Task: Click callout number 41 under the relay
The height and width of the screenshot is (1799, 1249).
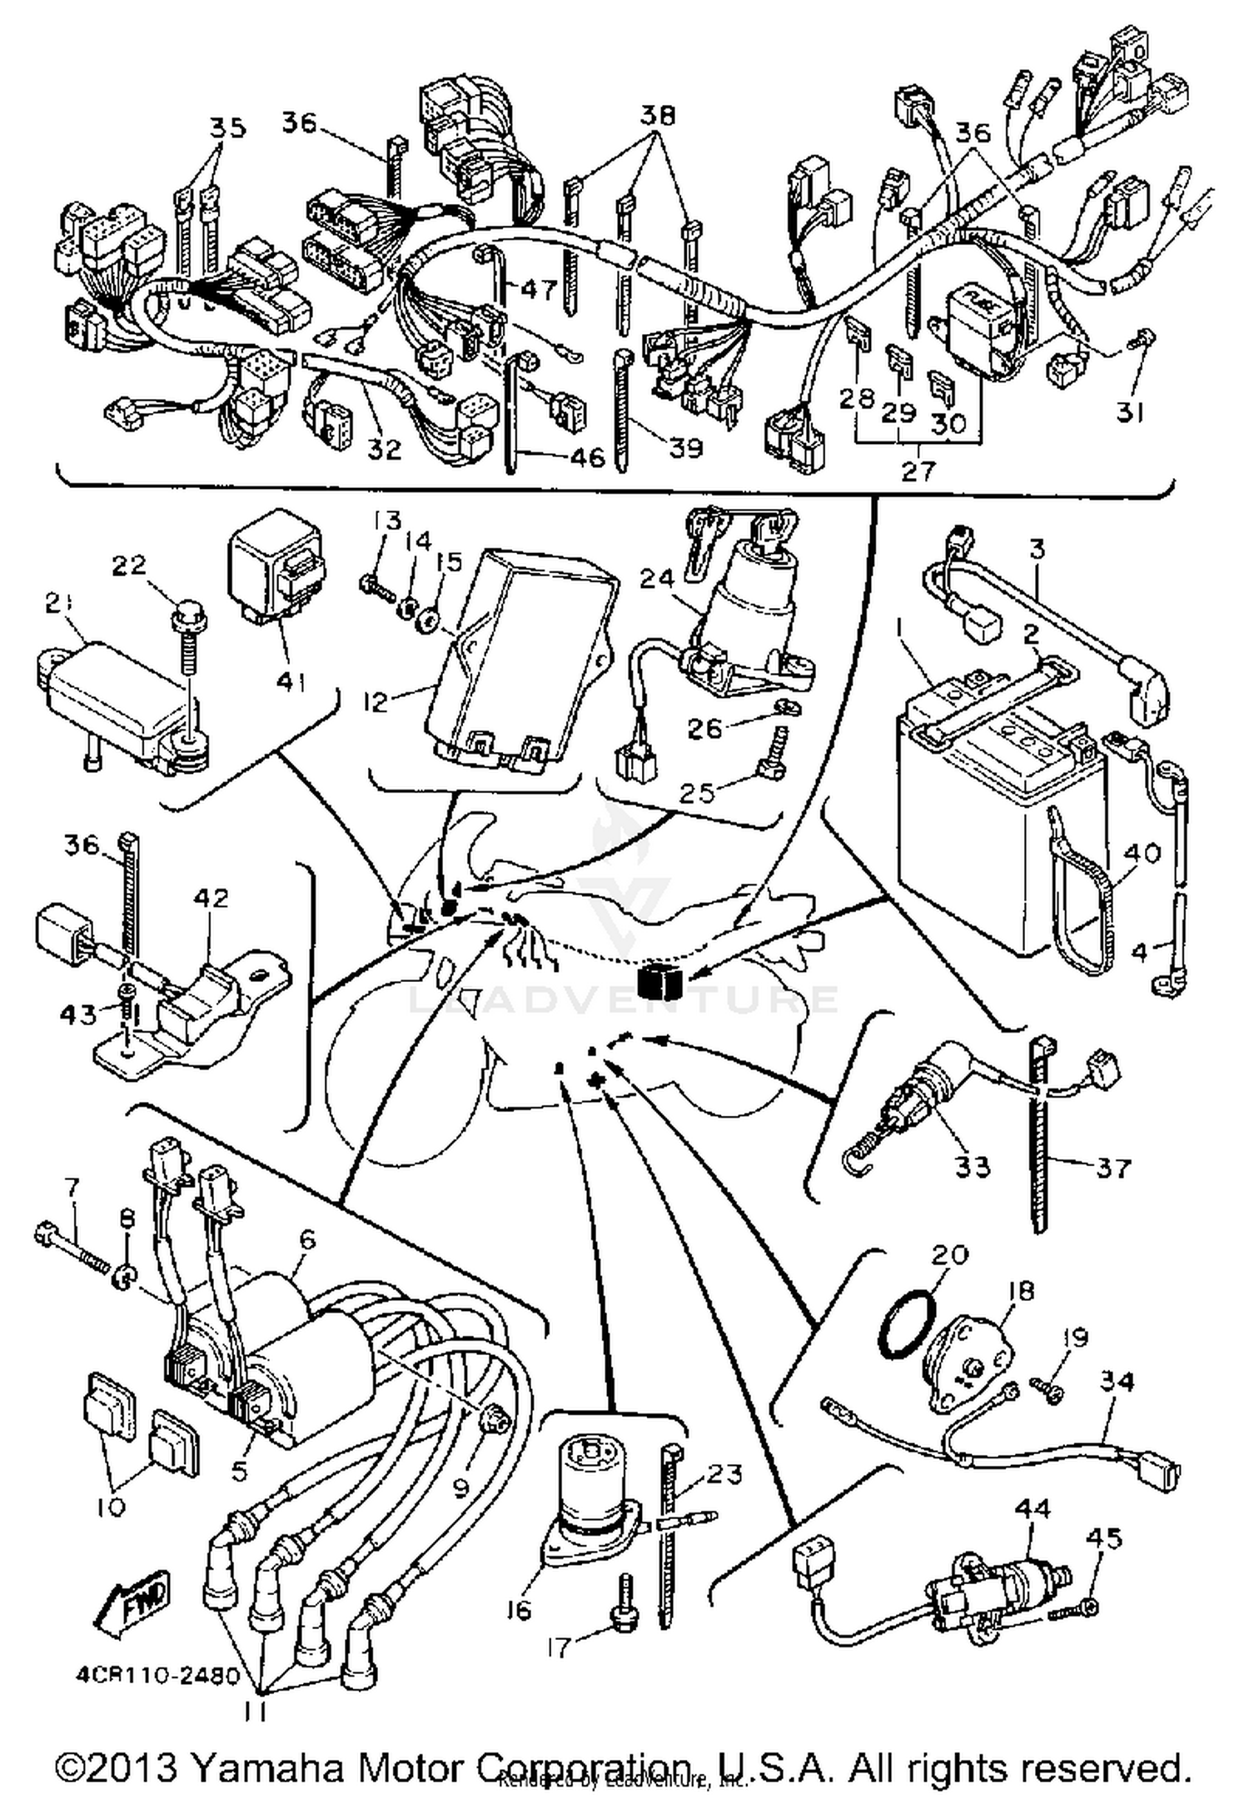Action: click(x=291, y=682)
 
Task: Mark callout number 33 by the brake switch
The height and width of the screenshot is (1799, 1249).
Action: click(x=972, y=1166)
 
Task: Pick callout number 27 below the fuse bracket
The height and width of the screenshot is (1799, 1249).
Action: click(x=919, y=471)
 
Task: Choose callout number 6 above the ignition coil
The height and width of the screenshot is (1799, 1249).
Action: click(x=307, y=1239)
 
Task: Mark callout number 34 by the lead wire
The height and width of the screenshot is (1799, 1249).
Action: click(x=1117, y=1380)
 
